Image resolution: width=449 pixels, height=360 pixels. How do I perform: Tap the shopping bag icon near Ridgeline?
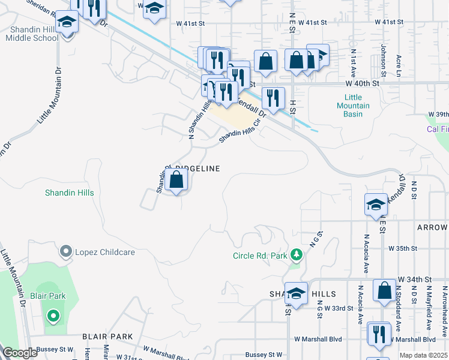(176, 180)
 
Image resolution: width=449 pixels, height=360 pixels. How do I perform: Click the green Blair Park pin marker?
(53, 315)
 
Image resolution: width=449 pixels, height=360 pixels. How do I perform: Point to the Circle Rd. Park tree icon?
(295, 256)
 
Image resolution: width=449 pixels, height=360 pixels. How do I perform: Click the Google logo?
(20, 353)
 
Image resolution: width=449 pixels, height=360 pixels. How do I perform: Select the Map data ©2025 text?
(423, 355)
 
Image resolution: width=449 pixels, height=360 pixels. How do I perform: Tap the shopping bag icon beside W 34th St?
(384, 290)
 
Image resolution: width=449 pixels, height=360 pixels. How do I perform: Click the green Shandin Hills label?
(69, 193)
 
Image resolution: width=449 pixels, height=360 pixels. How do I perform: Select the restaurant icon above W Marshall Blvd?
(378, 334)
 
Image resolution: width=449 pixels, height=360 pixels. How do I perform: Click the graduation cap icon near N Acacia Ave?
(376, 205)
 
